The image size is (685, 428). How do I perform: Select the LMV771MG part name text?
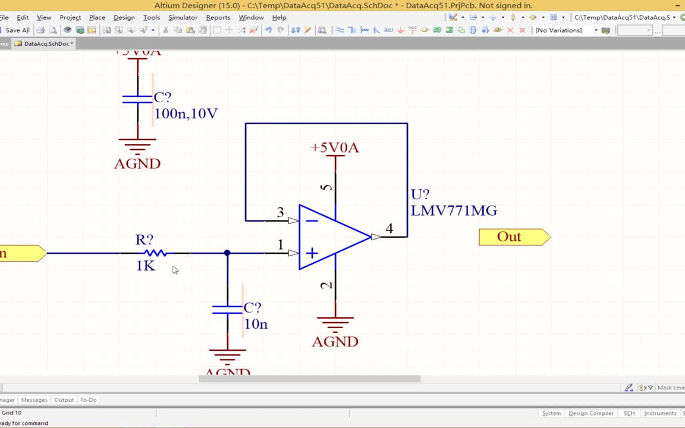[x=454, y=210]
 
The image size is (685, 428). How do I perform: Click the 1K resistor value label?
[x=146, y=266]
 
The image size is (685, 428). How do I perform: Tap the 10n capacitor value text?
[x=256, y=324]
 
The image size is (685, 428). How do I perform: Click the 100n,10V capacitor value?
[x=186, y=114]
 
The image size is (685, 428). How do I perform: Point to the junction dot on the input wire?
[x=227, y=253]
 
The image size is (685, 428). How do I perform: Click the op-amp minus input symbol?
[x=312, y=221]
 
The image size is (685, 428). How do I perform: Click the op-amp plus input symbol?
[x=312, y=254]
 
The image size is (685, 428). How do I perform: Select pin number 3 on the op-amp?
[x=281, y=213]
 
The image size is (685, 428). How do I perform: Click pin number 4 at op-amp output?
[x=389, y=228]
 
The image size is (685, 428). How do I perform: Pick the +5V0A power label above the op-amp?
[x=335, y=147]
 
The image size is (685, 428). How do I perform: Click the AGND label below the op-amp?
[x=335, y=342]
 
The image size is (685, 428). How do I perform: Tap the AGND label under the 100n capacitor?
[x=137, y=163]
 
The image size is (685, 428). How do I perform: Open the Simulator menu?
[x=183, y=17]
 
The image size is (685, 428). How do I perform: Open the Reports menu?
[x=218, y=17]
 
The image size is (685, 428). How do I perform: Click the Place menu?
[x=97, y=17]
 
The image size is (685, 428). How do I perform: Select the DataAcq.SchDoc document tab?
[x=46, y=43]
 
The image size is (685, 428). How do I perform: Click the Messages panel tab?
[x=34, y=400]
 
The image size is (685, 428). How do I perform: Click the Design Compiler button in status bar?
[x=590, y=413]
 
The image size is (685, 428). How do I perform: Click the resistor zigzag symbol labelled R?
[x=155, y=253]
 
